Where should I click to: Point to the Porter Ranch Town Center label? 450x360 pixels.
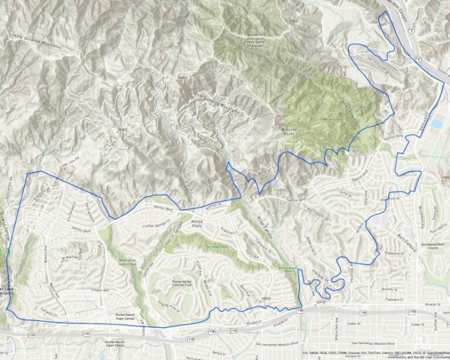click(x=126, y=316)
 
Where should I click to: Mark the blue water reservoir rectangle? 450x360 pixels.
click(x=437, y=125)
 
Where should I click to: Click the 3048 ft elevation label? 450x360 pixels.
click(x=185, y=77)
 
